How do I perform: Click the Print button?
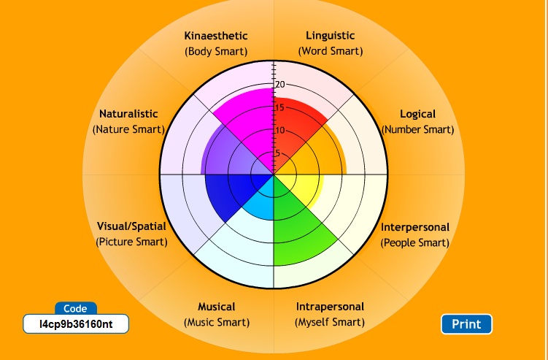pyautogui.click(x=466, y=324)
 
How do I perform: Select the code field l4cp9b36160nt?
pyautogui.click(x=75, y=323)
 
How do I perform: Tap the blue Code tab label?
pyautogui.click(x=75, y=309)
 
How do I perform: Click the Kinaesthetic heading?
pyautogui.click(x=216, y=36)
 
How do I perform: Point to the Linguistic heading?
pyautogui.click(x=330, y=36)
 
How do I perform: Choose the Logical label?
pyautogui.click(x=417, y=114)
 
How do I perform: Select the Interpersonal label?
pyautogui.click(x=415, y=227)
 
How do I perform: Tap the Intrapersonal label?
pyautogui.click(x=330, y=307)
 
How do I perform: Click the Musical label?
pyautogui.click(x=216, y=307)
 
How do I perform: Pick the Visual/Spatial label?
pyautogui.click(x=131, y=226)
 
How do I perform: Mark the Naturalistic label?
pyautogui.click(x=128, y=114)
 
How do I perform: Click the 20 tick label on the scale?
pyautogui.click(x=280, y=85)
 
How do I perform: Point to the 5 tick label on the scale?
pyautogui.click(x=277, y=153)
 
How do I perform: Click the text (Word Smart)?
pyautogui.click(x=330, y=52)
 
